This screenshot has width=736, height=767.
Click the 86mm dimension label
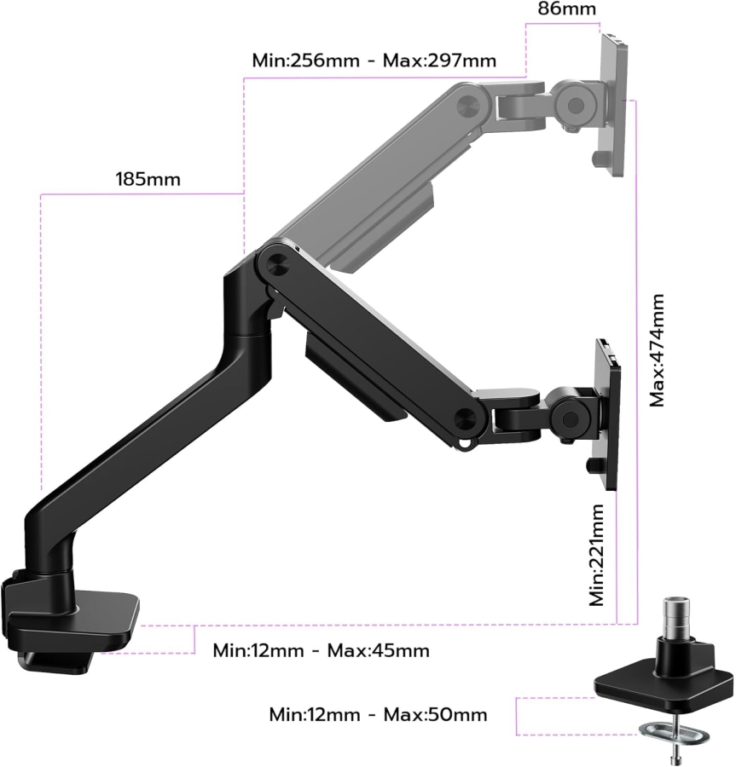pyautogui.click(x=566, y=9)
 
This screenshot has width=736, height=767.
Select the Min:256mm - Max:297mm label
pyautogui.click(x=374, y=61)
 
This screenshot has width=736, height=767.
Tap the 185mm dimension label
pyautogui.click(x=148, y=180)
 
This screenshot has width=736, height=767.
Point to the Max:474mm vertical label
pyautogui.click(x=657, y=349)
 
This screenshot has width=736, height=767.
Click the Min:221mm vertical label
pyautogui.click(x=599, y=555)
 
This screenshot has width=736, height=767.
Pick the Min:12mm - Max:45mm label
pyautogui.click(x=321, y=650)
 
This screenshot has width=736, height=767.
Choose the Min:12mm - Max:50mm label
pyautogui.click(x=378, y=713)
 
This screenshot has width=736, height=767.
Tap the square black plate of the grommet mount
pyautogui.click(x=664, y=683)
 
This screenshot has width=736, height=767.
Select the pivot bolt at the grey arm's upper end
pyautogui.click(x=467, y=104)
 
